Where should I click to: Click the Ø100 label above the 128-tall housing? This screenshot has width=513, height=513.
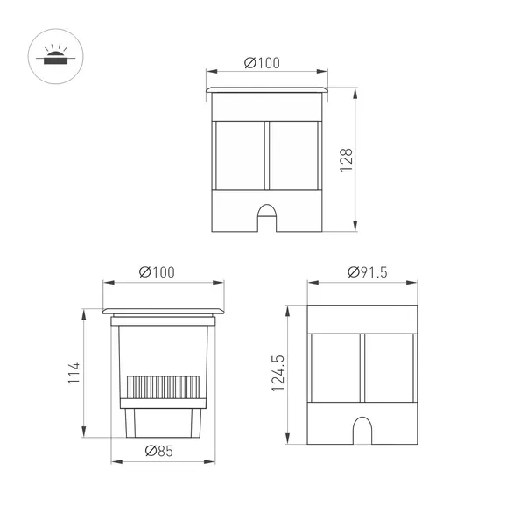[x=263, y=63]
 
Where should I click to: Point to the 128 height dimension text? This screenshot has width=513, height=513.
[x=346, y=160]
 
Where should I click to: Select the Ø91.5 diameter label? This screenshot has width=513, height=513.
[x=361, y=271]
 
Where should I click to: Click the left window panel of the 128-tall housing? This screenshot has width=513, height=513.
[x=239, y=151]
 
